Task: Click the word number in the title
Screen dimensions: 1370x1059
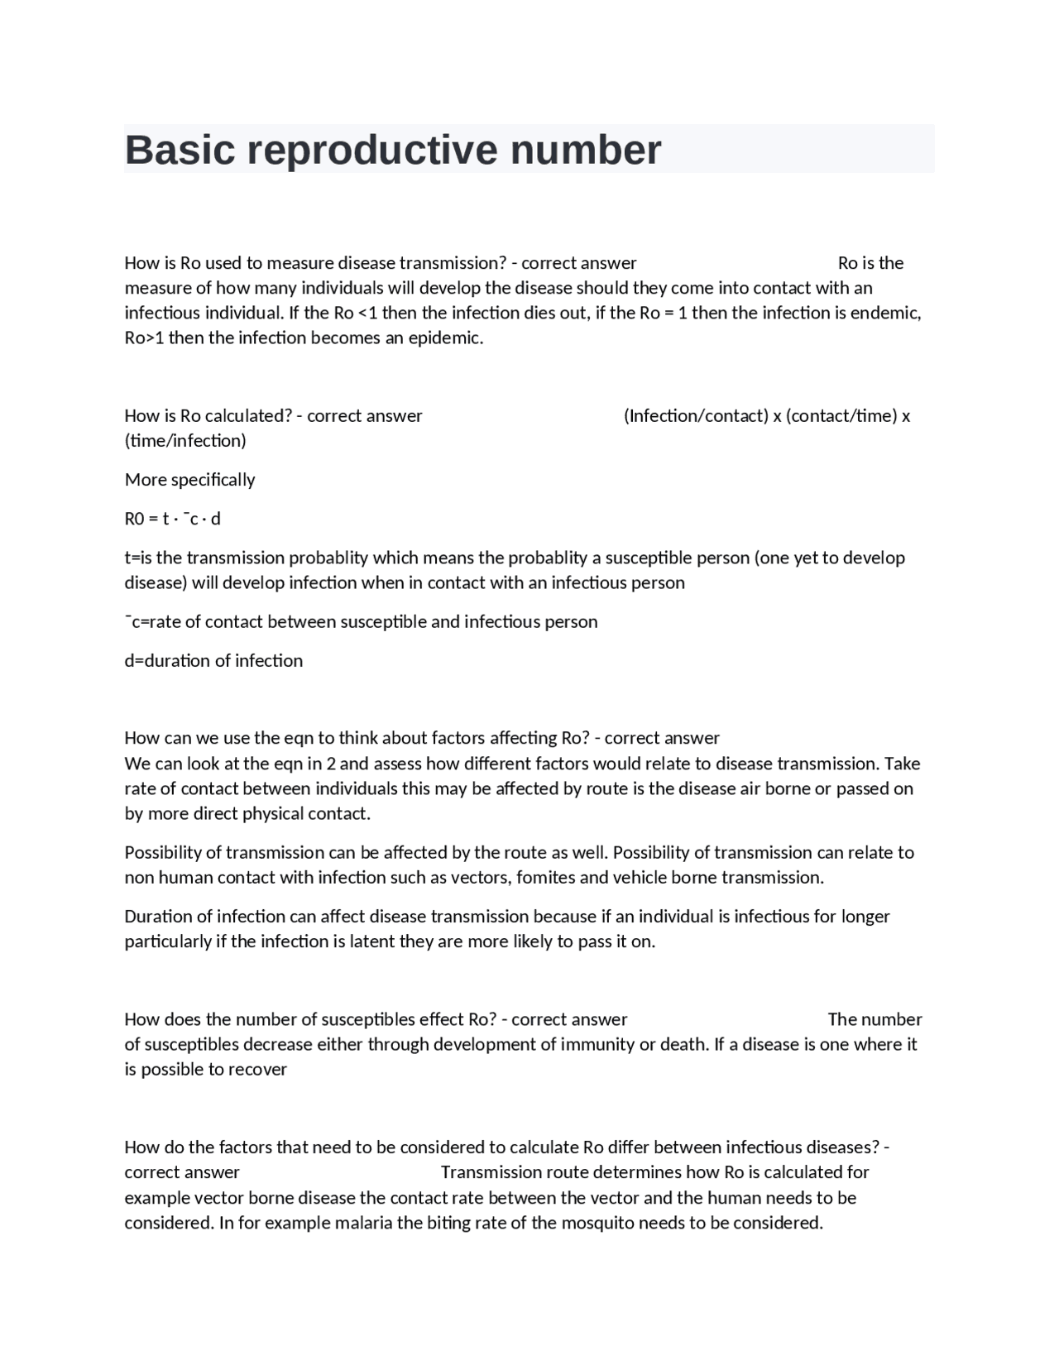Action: (586, 151)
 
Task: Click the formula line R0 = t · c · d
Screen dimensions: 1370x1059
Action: (172, 519)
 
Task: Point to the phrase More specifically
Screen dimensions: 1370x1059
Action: (189, 480)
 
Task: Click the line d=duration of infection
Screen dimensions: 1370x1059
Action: (213, 660)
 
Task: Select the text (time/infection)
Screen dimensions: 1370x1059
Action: (185, 440)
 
